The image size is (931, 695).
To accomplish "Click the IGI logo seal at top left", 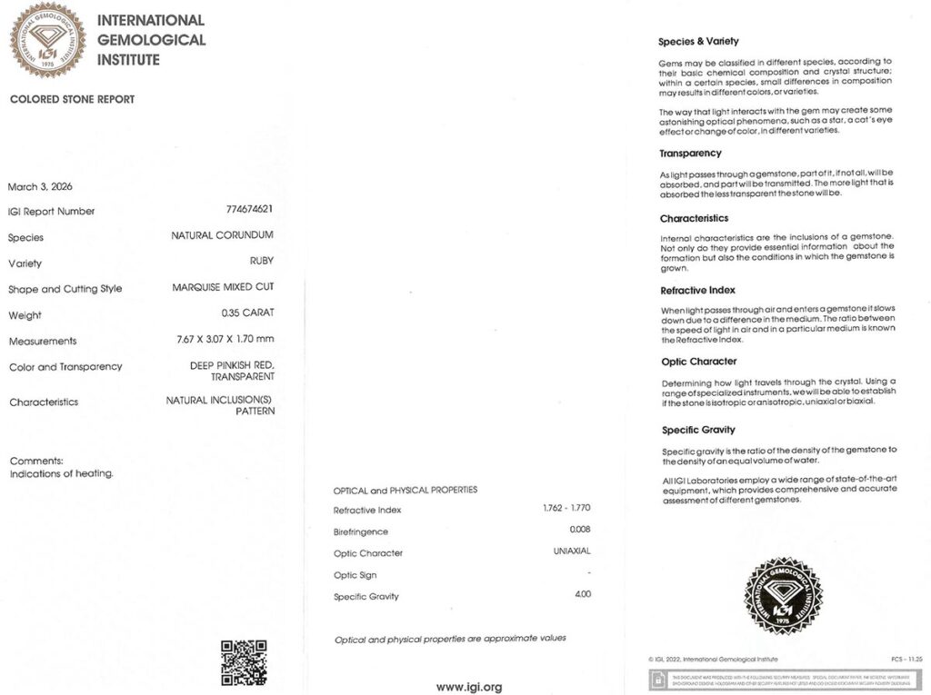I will (x=47, y=39).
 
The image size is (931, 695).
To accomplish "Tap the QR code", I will (x=244, y=662).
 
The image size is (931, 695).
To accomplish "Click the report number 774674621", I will (x=249, y=209).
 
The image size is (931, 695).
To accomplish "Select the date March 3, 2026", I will (x=40, y=186).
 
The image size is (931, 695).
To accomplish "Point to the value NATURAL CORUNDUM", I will (x=222, y=235).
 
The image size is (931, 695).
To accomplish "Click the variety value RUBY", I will (x=262, y=261).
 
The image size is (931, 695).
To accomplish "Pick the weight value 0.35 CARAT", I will (x=247, y=313).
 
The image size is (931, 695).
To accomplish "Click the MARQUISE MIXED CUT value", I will (x=223, y=287).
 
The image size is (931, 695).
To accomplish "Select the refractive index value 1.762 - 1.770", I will (x=566, y=508).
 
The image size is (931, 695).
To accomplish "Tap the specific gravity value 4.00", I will (x=583, y=594).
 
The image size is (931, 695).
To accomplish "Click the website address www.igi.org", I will (x=468, y=687).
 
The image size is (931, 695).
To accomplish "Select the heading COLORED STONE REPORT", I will (x=72, y=99).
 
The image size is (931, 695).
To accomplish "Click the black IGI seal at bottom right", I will (x=783, y=596).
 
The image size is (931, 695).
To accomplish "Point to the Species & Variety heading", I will (x=698, y=41).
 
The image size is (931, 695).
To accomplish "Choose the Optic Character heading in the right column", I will (x=699, y=362).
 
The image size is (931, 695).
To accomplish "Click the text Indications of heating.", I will (x=62, y=474).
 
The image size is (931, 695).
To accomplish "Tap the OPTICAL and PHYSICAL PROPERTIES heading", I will (x=405, y=490).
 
